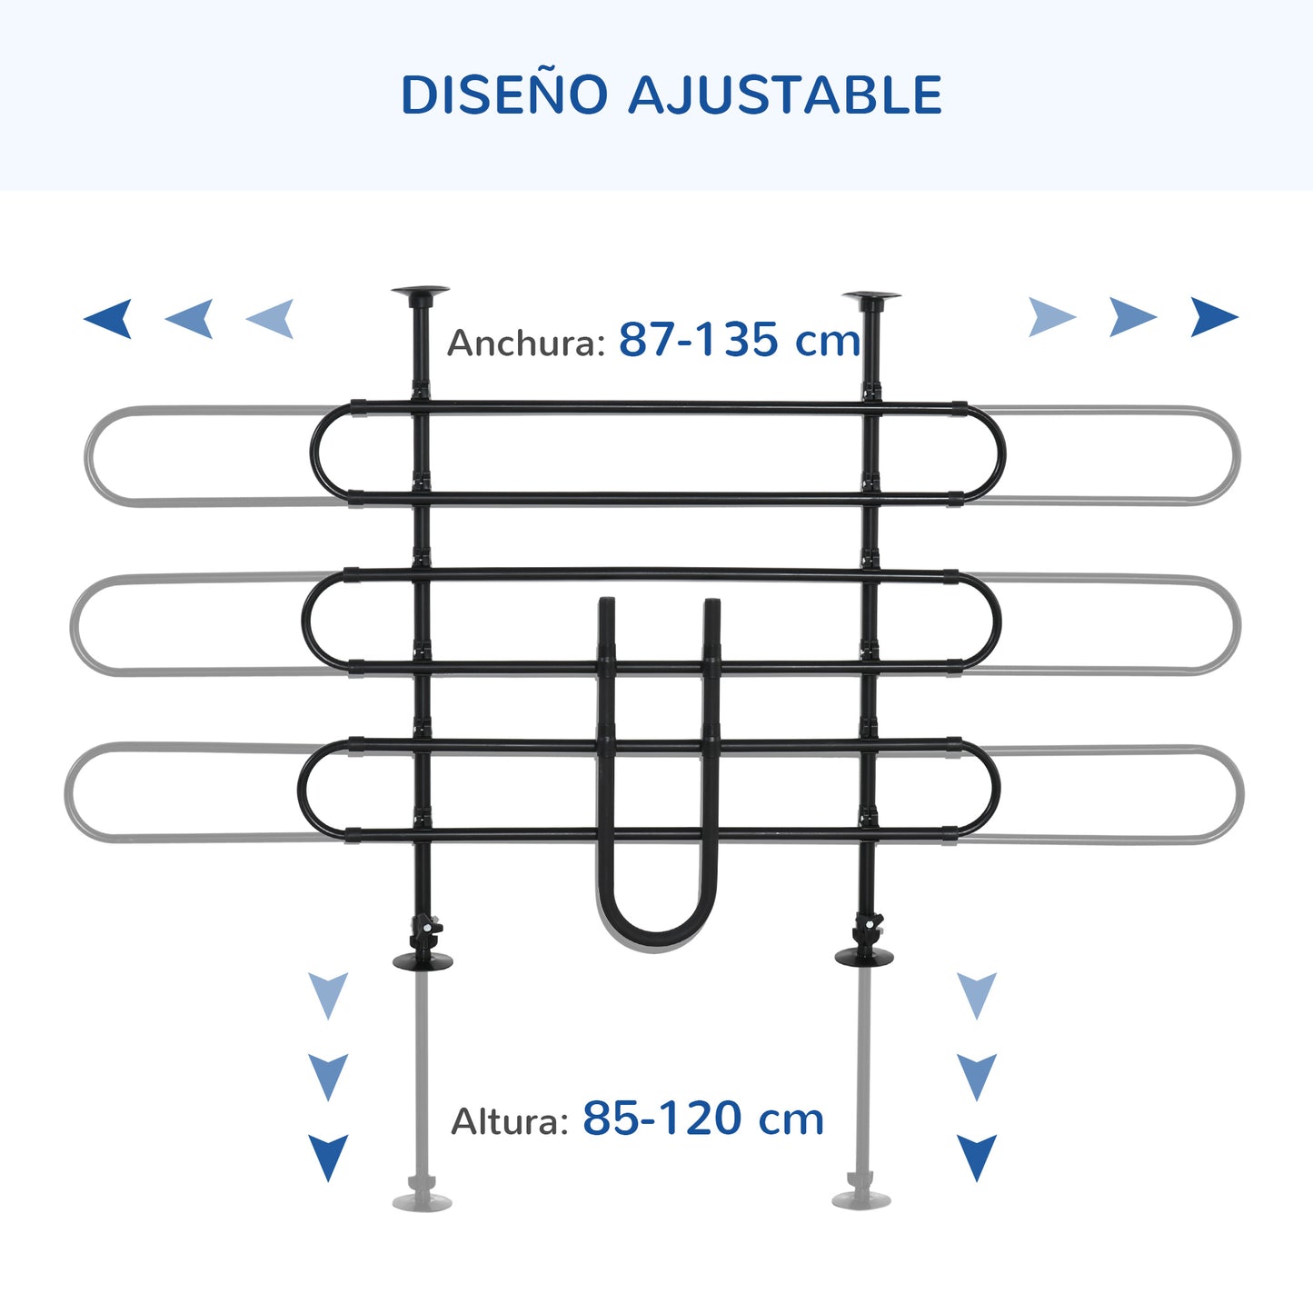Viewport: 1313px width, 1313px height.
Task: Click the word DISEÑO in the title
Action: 504,94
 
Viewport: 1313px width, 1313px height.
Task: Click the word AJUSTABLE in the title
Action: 785,94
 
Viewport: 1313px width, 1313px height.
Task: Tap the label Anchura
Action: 526,342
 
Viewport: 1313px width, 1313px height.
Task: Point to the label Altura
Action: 510,1121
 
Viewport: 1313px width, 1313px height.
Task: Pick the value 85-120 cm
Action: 703,1119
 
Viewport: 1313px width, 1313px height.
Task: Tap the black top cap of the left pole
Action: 421,292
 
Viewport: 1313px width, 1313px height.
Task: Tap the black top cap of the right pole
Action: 871,297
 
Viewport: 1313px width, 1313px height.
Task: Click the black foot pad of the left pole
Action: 423,960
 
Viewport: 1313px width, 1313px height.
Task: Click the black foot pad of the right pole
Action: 864,956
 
